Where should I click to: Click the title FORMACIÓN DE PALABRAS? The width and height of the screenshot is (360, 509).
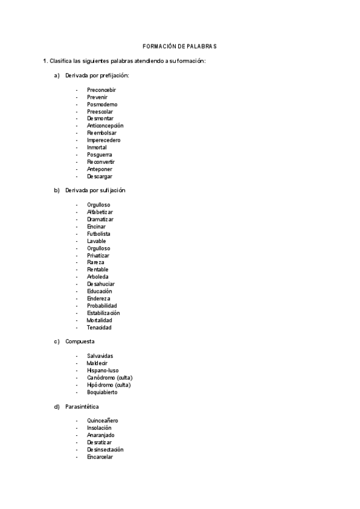(x=179, y=46)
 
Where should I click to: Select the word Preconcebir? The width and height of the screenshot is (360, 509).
(x=101, y=90)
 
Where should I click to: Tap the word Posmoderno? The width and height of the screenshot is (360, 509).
(x=102, y=104)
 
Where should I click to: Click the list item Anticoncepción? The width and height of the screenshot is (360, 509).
(x=105, y=126)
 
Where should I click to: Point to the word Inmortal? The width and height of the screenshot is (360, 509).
(x=98, y=148)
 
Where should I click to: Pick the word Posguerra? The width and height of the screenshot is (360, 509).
(x=100, y=155)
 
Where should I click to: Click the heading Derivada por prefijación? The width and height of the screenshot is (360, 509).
(x=97, y=76)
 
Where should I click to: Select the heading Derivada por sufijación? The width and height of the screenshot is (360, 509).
(x=95, y=190)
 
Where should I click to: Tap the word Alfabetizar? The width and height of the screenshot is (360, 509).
(x=100, y=212)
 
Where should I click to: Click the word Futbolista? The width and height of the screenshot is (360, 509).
(x=98, y=234)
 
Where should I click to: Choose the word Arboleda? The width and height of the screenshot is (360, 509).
(x=98, y=277)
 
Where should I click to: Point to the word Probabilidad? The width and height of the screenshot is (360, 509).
(x=102, y=306)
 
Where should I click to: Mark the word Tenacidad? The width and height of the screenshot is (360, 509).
(x=99, y=328)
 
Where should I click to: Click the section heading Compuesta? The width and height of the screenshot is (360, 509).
(x=80, y=342)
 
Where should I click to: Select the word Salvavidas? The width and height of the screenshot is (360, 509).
(x=100, y=356)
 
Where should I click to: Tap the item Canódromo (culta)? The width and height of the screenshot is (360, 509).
(x=109, y=378)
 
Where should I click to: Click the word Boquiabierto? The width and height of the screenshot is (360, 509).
(x=102, y=392)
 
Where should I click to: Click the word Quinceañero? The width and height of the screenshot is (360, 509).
(x=102, y=421)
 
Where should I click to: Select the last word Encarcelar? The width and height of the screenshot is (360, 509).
(x=100, y=457)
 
